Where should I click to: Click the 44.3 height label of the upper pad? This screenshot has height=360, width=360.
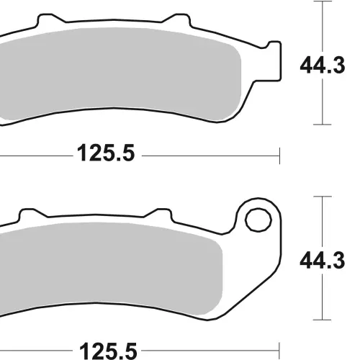323,66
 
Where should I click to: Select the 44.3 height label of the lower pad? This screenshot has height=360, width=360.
323,260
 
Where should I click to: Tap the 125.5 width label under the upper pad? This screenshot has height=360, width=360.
106,153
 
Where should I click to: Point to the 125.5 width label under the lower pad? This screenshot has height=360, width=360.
108,351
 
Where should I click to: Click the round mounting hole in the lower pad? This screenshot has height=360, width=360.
258,220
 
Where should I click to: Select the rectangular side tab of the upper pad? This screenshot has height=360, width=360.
274,61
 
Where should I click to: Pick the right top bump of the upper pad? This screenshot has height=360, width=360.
177,19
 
